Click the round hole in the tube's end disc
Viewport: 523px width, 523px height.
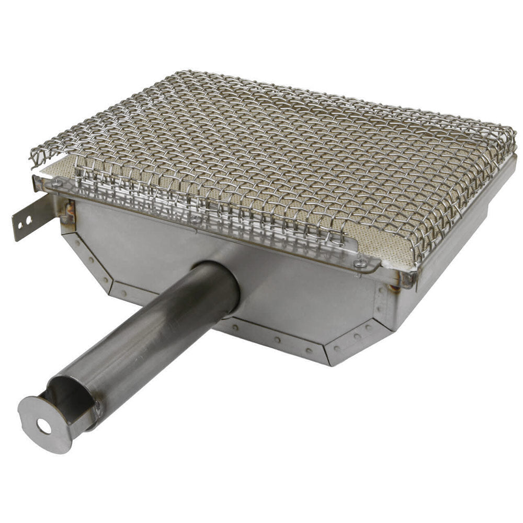[44, 427]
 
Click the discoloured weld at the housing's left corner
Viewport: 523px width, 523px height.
[67, 212]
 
